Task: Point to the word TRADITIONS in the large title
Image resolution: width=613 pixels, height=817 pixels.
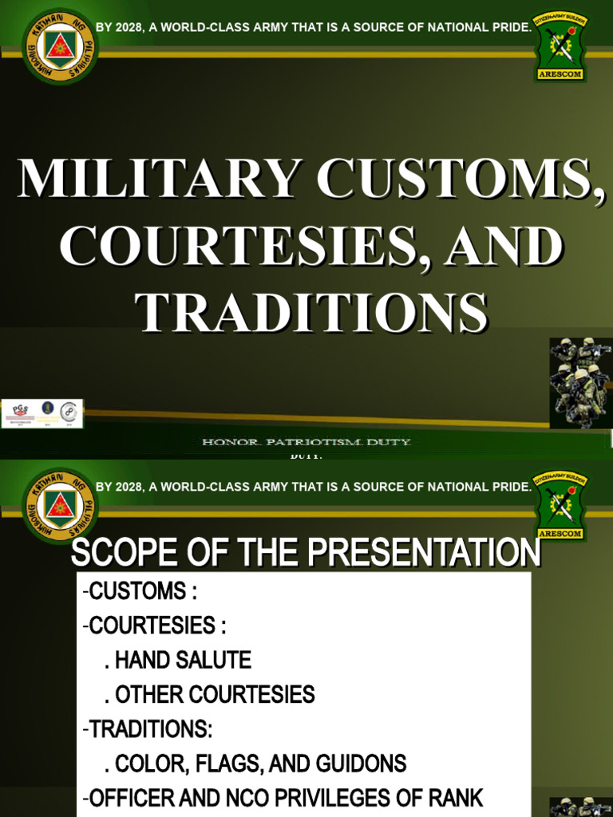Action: click(311, 312)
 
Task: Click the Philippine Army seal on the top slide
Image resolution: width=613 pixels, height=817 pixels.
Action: click(61, 45)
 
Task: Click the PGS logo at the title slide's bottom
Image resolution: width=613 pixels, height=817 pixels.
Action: click(20, 412)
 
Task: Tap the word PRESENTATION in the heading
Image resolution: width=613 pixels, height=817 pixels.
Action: click(414, 554)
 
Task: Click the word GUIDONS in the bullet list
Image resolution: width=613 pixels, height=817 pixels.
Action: click(362, 764)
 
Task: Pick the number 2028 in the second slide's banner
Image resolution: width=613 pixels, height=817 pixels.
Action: click(128, 486)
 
